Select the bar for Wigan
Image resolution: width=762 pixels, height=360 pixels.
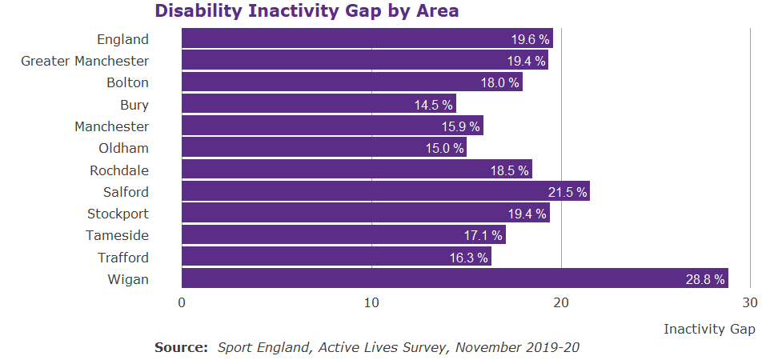click(x=454, y=278)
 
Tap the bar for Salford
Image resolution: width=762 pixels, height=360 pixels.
click(x=385, y=191)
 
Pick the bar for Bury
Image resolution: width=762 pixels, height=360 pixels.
click(x=318, y=104)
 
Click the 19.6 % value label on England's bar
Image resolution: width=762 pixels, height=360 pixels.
click(x=531, y=39)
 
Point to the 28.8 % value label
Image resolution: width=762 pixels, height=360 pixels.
click(x=705, y=279)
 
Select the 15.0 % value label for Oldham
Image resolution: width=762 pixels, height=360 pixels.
click(x=444, y=148)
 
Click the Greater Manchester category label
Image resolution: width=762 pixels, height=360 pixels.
click(x=85, y=61)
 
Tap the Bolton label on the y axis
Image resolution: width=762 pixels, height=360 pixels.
click(x=127, y=82)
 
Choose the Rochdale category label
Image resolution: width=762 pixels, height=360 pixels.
click(x=119, y=170)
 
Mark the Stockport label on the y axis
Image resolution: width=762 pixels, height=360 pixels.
click(x=118, y=214)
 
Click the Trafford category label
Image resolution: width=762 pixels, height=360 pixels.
click(x=123, y=258)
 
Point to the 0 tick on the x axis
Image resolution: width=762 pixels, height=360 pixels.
click(x=182, y=302)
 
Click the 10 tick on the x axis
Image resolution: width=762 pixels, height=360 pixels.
click(x=371, y=302)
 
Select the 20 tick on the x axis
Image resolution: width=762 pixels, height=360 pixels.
click(x=561, y=302)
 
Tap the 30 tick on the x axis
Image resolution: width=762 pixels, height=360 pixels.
click(x=750, y=302)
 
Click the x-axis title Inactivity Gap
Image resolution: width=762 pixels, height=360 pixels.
click(x=709, y=329)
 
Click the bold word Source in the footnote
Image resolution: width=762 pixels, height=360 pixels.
click(x=181, y=348)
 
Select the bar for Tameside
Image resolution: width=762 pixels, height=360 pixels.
click(x=343, y=235)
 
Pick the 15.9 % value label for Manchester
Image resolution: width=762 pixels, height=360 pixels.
click(x=461, y=126)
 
